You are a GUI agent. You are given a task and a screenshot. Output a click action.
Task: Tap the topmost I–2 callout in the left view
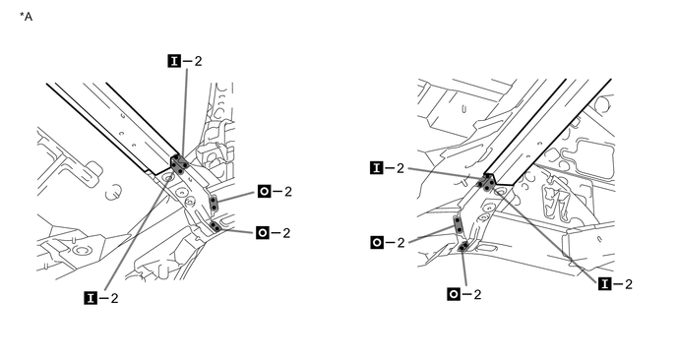point(186,61)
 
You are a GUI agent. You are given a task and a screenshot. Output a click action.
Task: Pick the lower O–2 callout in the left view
point(276,232)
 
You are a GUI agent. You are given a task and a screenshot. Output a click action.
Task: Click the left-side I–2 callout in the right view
point(389,168)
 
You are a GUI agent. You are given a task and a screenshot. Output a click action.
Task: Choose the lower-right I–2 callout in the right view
point(616,284)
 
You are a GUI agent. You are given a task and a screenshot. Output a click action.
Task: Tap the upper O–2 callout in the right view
point(389,241)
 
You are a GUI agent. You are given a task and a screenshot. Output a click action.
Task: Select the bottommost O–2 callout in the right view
point(465,293)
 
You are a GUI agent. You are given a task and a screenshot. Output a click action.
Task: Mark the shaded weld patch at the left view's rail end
point(179,163)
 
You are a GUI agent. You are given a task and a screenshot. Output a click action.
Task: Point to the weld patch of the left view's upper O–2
point(214,204)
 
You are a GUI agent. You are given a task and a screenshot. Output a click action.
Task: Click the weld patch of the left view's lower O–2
point(215,227)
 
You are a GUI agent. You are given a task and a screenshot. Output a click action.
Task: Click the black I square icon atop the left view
point(175,61)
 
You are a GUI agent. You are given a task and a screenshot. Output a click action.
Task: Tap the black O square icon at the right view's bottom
point(454,293)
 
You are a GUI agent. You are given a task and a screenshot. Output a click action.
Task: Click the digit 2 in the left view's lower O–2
point(287,232)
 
